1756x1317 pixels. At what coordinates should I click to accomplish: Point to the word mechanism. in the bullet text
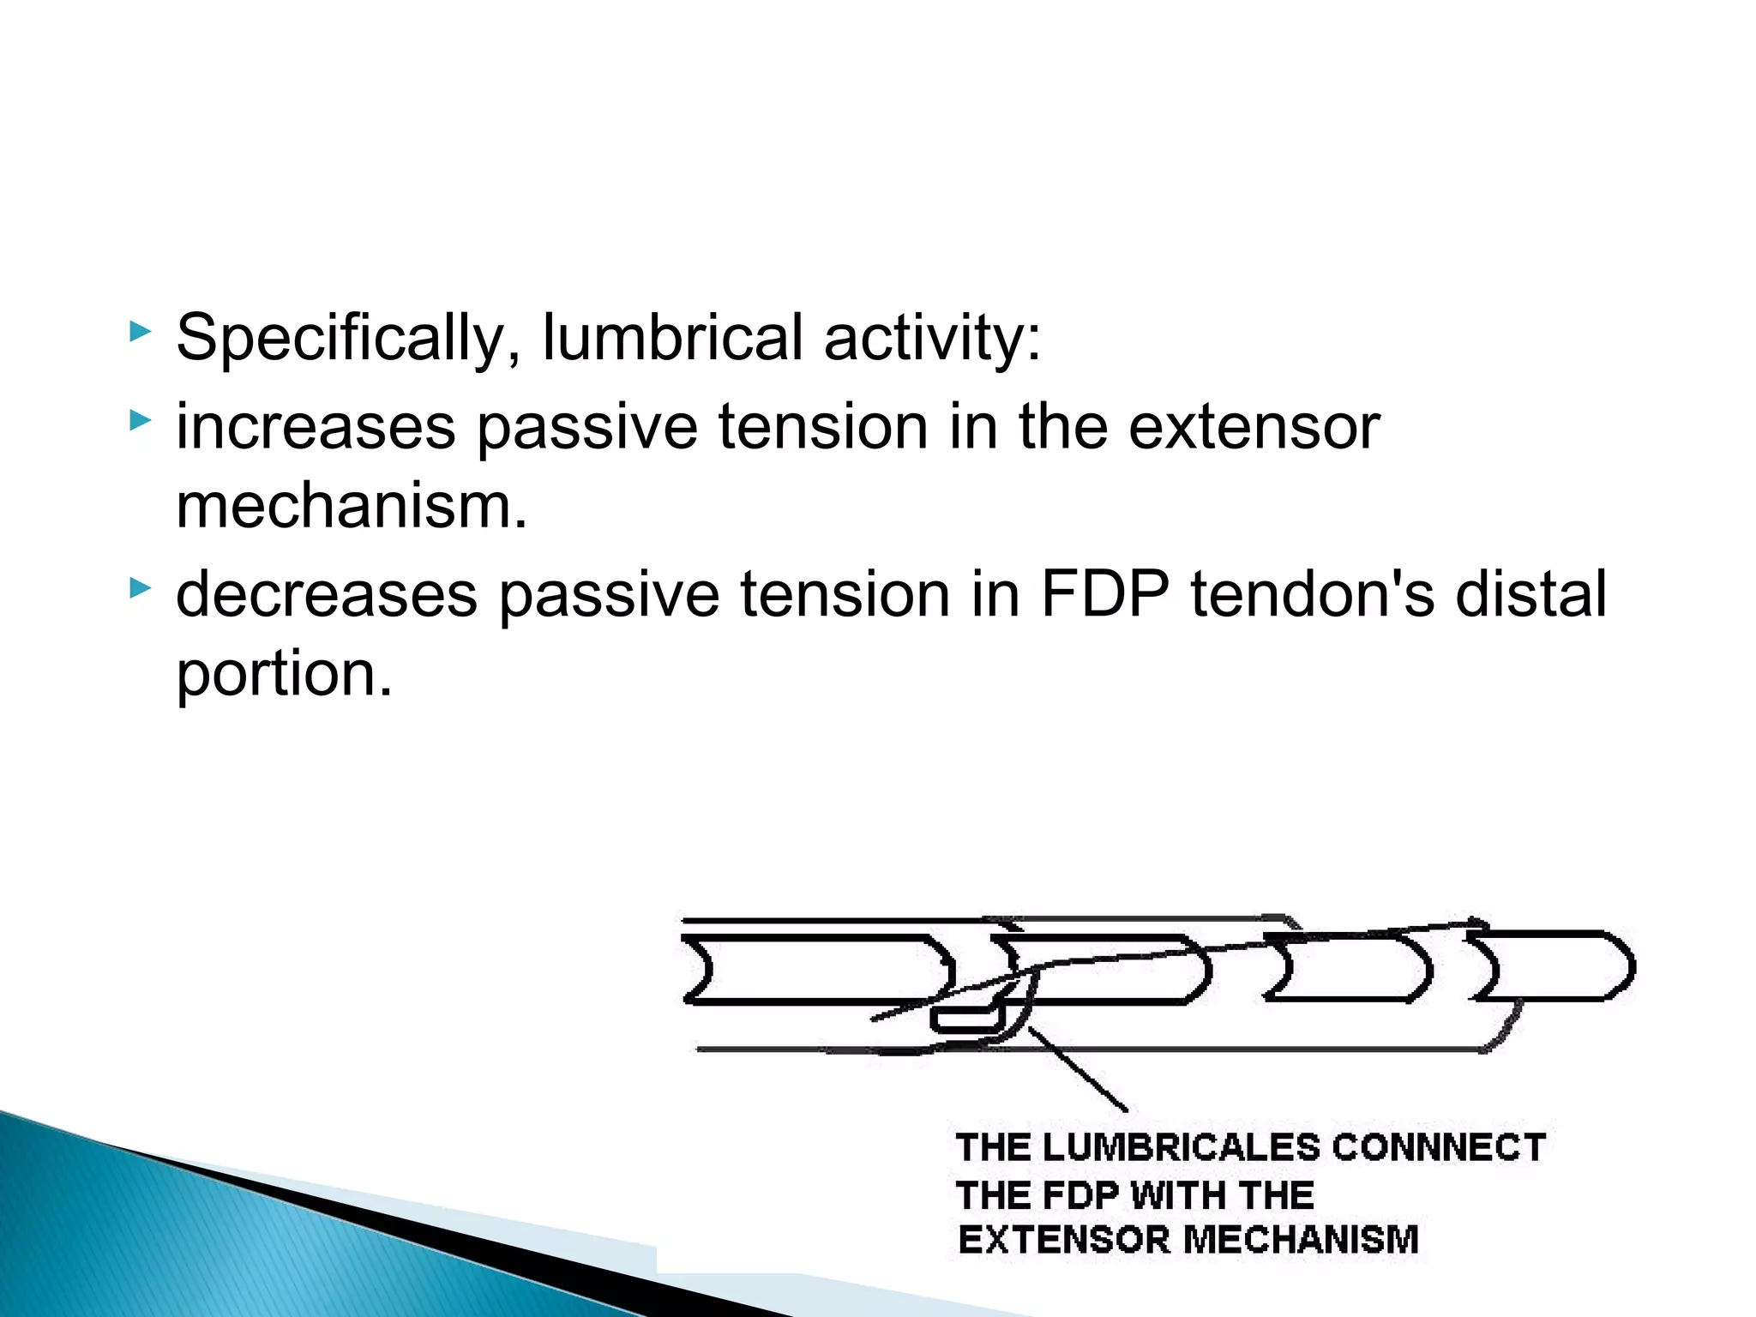point(352,506)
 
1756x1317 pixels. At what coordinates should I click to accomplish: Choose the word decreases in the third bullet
point(326,594)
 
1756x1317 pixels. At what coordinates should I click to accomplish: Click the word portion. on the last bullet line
point(284,674)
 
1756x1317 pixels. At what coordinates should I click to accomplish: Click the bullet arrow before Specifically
point(140,332)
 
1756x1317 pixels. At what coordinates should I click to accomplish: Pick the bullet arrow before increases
point(140,420)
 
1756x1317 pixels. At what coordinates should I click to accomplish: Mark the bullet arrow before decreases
point(140,588)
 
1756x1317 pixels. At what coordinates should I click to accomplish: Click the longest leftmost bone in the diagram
point(819,969)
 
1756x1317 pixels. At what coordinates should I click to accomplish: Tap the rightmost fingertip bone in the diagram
point(1552,966)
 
